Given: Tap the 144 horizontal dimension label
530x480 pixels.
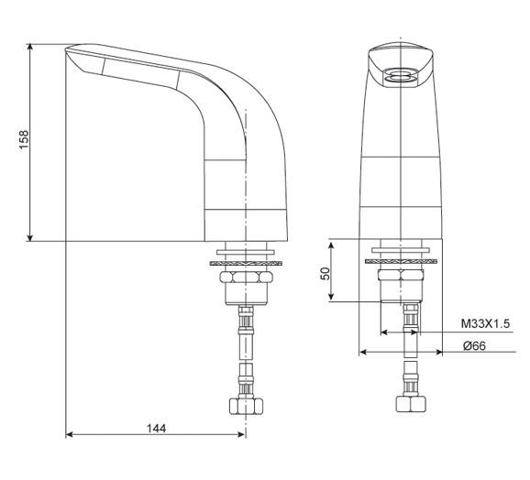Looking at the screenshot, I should click(155, 427).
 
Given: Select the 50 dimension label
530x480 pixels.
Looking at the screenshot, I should click(324, 274).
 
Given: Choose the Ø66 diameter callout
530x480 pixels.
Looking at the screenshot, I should click(474, 345).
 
